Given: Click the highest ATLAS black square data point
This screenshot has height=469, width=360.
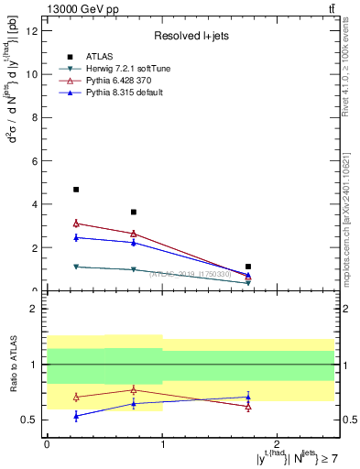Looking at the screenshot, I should click(x=76, y=190).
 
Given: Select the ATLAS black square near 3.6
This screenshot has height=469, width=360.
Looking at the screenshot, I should click(x=134, y=212).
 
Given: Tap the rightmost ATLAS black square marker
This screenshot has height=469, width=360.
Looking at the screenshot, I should click(x=248, y=267).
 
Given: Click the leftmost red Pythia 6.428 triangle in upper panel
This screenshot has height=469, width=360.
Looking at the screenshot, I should click(x=76, y=223).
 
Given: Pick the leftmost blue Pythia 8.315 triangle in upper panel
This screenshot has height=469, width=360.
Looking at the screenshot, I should click(x=76, y=237).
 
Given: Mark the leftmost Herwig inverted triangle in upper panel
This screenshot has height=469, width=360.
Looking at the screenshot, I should click(x=76, y=267).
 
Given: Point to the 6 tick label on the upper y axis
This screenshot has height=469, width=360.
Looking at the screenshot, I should click(x=35, y=160).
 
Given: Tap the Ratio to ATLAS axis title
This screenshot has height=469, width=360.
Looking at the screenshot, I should click(x=12, y=364).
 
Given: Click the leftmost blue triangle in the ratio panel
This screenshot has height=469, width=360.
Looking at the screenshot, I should click(x=76, y=416).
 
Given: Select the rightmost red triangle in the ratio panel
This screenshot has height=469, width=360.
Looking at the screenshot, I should click(x=248, y=407).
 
